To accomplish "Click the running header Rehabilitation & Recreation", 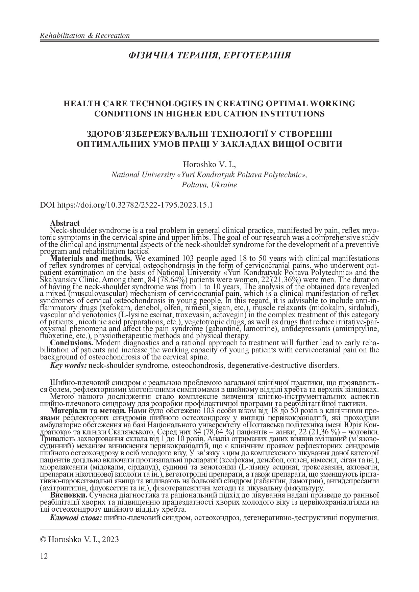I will [x=85, y=35].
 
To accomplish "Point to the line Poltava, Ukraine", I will [x=209, y=185].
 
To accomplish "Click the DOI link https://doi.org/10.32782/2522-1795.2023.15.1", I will [x=135, y=205].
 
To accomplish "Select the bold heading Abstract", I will [x=65, y=223].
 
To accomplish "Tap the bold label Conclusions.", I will [x=72, y=343].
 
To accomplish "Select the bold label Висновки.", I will [x=69, y=495].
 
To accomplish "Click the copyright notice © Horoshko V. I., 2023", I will [x=79, y=539].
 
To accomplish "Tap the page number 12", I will [x=44, y=556].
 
